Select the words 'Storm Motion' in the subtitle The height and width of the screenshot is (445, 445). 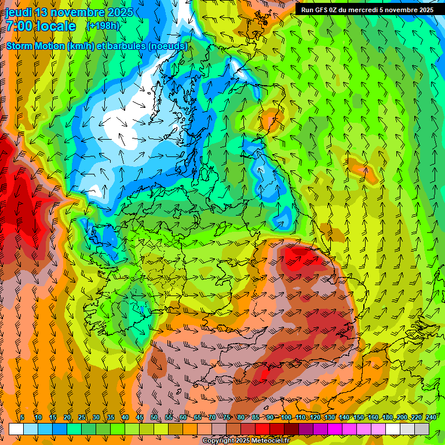pyautogui.click(x=35, y=46)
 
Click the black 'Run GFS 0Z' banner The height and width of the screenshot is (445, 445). pyautogui.click(x=367, y=9)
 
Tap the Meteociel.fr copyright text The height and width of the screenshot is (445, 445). pyautogui.click(x=246, y=441)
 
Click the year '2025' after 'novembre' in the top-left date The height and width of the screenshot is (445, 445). pyautogui.click(x=118, y=12)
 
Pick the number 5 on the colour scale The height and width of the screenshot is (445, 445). pyautogui.click(x=22, y=418)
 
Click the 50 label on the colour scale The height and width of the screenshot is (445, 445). pyautogui.click(x=154, y=418)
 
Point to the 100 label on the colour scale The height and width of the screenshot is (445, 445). pyautogui.click(x=286, y=418)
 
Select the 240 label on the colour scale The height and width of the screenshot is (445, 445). pyautogui.click(x=431, y=418)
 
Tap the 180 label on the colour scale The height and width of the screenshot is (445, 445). pyautogui.click(x=387, y=418)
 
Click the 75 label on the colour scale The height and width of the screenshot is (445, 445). pyautogui.click(x=227, y=418)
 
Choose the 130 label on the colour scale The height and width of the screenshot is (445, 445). pyautogui.click(x=329, y=418)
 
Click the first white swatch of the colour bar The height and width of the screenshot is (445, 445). pyautogui.click(x=16, y=429)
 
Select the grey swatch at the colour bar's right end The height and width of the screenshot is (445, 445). pyautogui.click(x=422, y=429)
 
